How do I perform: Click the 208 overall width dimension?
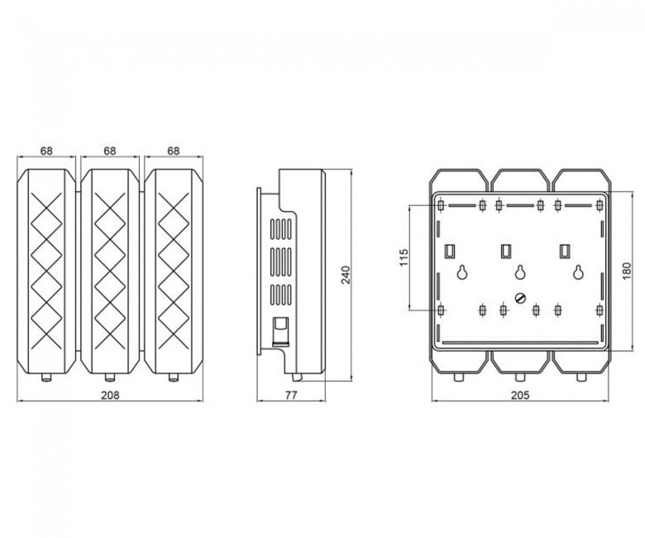click(x=110, y=395)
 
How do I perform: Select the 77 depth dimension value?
click(x=291, y=395)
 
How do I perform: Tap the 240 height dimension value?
click(x=346, y=275)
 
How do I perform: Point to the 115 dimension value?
click(x=404, y=257)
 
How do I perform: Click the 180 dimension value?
click(x=627, y=271)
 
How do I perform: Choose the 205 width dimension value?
click(x=520, y=395)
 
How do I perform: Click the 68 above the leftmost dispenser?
click(x=46, y=151)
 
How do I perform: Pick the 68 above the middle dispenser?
click(x=110, y=151)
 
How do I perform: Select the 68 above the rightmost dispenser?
click(x=174, y=151)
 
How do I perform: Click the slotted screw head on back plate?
click(x=520, y=298)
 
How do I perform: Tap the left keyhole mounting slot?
click(x=462, y=271)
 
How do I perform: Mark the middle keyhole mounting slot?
click(x=520, y=271)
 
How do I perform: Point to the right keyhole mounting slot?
click(x=579, y=271)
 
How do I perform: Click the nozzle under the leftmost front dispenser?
click(x=46, y=377)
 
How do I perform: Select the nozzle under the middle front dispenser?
click(x=110, y=377)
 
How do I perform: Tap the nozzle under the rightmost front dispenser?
click(x=174, y=377)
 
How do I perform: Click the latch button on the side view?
click(x=280, y=330)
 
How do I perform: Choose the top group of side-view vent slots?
click(x=281, y=229)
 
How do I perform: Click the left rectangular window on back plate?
click(x=450, y=250)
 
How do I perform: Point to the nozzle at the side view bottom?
click(x=297, y=377)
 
